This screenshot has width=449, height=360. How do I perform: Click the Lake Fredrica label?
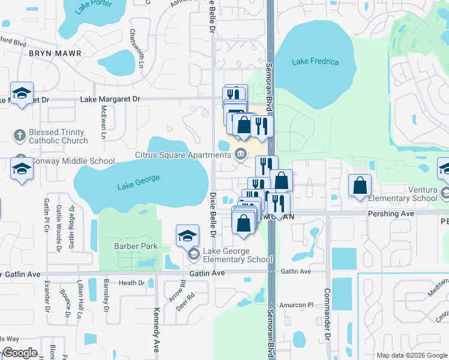pyautogui.click(x=315, y=62)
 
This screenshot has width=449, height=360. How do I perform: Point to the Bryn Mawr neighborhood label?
pyautogui.click(x=55, y=53)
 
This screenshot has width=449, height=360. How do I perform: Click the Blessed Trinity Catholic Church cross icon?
pyautogui.click(x=19, y=134)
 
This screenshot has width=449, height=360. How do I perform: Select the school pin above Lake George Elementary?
pyautogui.click(x=187, y=235)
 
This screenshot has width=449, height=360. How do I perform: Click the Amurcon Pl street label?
pyautogui.click(x=297, y=305)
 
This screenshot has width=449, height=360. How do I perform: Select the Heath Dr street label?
pyautogui.click(x=132, y=283)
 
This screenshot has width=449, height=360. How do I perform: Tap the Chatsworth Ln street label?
pyautogui.click(x=141, y=47)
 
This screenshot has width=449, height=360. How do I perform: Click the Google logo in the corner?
pyautogui.click(x=20, y=353)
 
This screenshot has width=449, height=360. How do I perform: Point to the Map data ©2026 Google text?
pyautogui.click(x=411, y=355)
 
